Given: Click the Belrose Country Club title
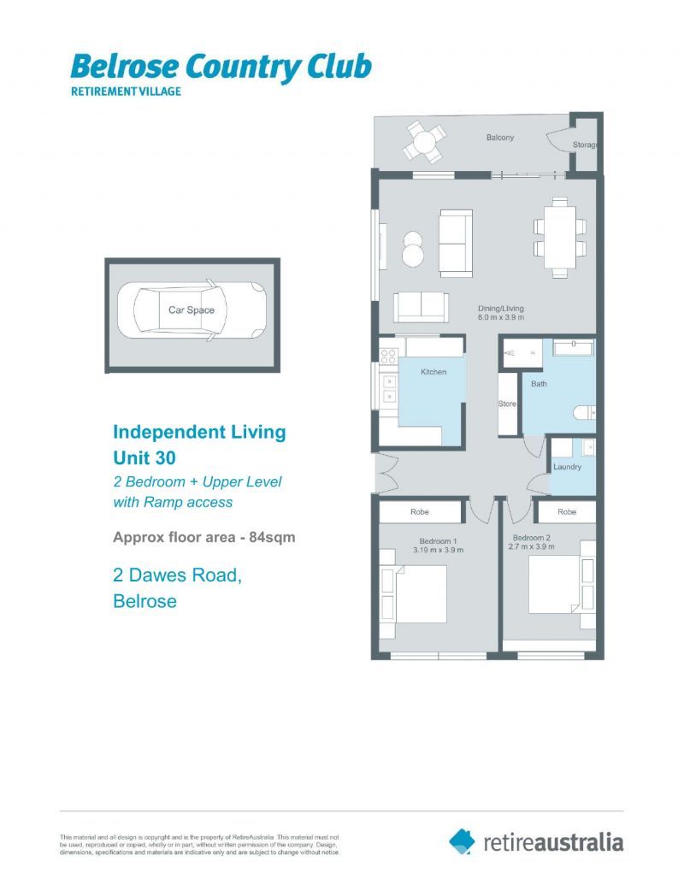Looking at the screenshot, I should [221, 66].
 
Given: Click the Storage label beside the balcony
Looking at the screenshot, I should [585, 145].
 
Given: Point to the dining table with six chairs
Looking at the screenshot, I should [560, 237].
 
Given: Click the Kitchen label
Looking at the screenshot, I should [433, 372].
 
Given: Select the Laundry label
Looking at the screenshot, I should [567, 467].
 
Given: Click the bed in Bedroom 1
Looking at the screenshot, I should [418, 593].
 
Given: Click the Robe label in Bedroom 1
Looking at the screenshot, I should [420, 512].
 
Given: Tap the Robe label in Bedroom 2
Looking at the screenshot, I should [566, 512].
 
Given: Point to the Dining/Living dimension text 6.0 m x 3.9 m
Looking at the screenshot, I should [501, 317].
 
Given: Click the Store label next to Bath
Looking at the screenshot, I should [508, 404].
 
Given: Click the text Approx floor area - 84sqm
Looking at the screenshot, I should [204, 538].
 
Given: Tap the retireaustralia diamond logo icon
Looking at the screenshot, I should [463, 841].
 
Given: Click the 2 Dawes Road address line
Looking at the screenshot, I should [177, 576].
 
